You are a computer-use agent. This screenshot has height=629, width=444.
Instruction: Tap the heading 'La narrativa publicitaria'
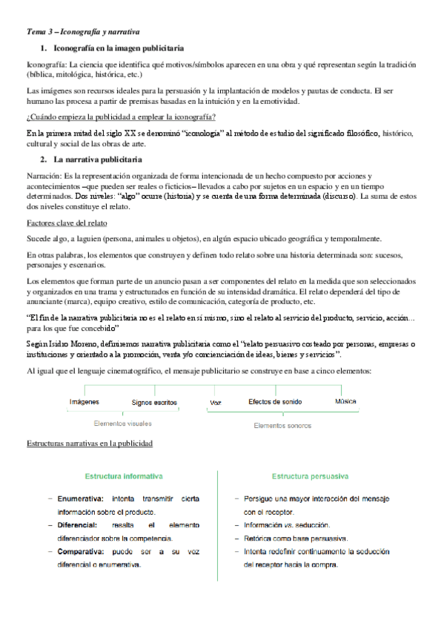pyautogui.click(x=99, y=159)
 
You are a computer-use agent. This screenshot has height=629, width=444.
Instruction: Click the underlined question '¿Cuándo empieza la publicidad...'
pyautogui.click(x=121, y=117)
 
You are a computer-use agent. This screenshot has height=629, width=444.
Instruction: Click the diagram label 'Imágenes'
pyautogui.click(x=84, y=401)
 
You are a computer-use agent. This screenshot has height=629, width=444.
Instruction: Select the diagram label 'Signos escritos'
pyautogui.click(x=154, y=402)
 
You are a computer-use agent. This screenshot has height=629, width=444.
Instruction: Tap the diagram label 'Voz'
pyautogui.click(x=216, y=402)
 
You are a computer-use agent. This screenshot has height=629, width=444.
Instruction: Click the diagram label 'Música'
pyautogui.click(x=345, y=401)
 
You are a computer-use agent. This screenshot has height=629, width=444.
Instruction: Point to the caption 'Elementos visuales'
pyautogui.click(x=122, y=424)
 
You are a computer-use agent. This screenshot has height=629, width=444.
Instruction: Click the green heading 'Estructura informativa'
pyautogui.click(x=124, y=475)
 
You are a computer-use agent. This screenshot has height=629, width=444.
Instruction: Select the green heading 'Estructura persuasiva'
pyautogui.click(x=311, y=475)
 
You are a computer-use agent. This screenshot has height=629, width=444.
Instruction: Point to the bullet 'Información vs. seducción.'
pyautogui.click(x=287, y=525)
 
